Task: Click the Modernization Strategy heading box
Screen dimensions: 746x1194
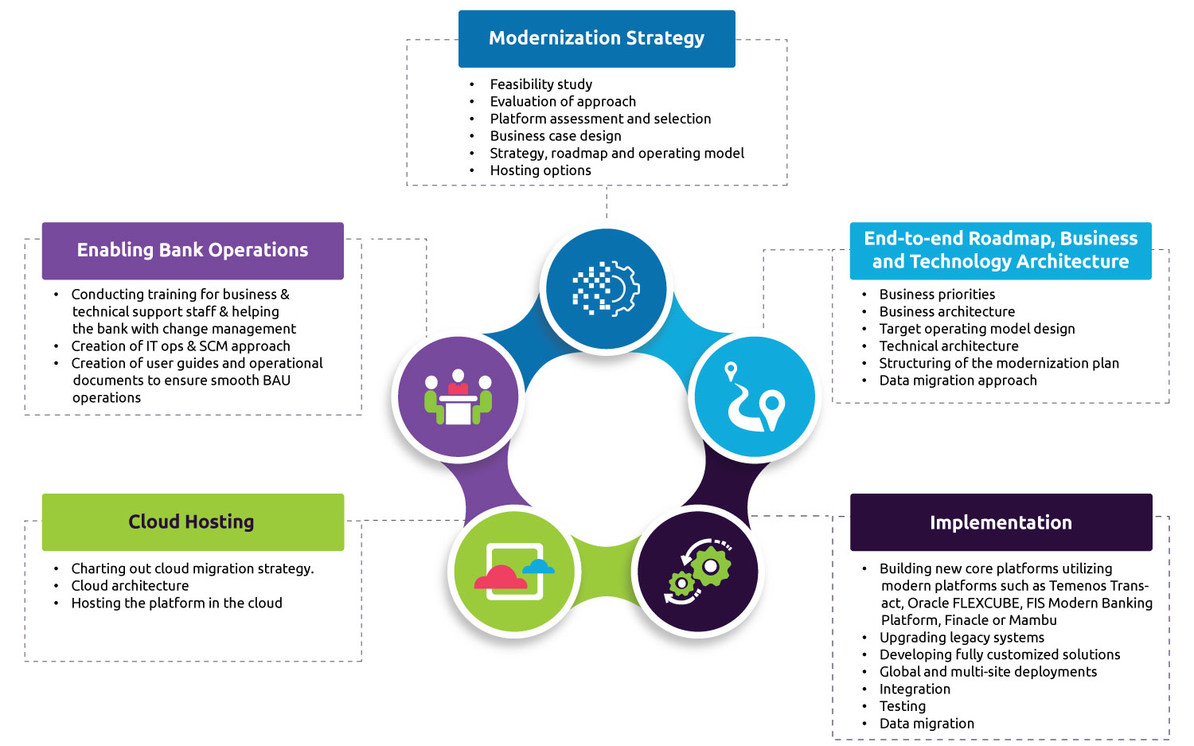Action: (x=596, y=38)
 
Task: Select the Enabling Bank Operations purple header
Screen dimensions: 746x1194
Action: (x=193, y=250)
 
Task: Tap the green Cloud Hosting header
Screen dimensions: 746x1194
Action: (x=192, y=522)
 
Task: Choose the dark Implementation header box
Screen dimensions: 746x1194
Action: (x=1001, y=522)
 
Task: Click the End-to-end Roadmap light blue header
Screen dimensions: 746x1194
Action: (x=1001, y=250)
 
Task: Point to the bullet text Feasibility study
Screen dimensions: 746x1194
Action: (x=540, y=84)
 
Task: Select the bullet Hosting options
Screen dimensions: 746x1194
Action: (x=540, y=170)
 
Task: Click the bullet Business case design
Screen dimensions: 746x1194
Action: (x=556, y=136)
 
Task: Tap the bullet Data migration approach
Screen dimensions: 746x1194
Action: (x=958, y=381)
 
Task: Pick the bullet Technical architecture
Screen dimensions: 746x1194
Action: (x=948, y=346)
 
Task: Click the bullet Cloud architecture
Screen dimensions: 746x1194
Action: (x=130, y=586)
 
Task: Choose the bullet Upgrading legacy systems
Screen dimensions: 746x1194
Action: (x=962, y=638)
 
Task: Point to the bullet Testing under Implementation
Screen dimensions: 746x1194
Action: (x=902, y=706)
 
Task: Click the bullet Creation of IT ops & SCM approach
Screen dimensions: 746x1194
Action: (x=181, y=346)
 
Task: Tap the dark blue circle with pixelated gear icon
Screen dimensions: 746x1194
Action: (x=606, y=288)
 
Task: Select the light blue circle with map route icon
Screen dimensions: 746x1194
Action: (x=755, y=396)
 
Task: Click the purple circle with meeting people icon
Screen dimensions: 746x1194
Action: (x=458, y=396)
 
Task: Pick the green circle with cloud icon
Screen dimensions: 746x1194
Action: (x=513, y=571)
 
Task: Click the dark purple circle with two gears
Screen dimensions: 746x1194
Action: (x=698, y=571)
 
